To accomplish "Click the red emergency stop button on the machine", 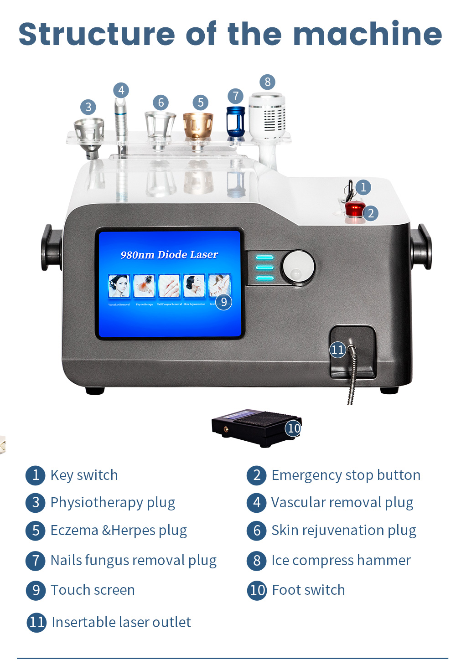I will pyautogui.click(x=354, y=210).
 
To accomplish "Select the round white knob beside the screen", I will pyautogui.click(x=298, y=267).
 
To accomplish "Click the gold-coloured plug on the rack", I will pyautogui.click(x=198, y=125).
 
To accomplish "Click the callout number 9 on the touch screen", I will pyautogui.click(x=223, y=302).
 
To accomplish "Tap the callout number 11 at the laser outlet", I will pyautogui.click(x=337, y=350).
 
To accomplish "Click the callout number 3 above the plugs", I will pyautogui.click(x=88, y=107).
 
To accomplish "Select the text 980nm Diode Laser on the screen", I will pyautogui.click(x=169, y=255).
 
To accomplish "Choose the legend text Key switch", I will pyautogui.click(x=84, y=475).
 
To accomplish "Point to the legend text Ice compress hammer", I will pyautogui.click(x=341, y=560).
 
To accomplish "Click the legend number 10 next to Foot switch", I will pyautogui.click(x=257, y=590).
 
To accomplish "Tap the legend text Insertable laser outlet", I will pyautogui.click(x=121, y=622).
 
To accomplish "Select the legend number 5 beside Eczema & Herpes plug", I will pyautogui.click(x=36, y=531).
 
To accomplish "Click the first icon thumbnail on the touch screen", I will pyautogui.click(x=119, y=286).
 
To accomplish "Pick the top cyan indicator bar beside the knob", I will pyautogui.click(x=264, y=258).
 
